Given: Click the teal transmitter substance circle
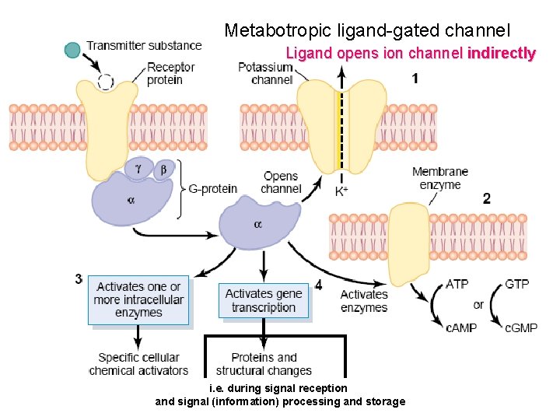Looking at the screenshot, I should click(73, 51).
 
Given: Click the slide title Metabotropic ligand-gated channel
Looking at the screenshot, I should click(367, 31).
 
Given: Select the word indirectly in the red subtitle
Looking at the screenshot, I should click(501, 54).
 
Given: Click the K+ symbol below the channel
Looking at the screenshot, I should click(341, 191).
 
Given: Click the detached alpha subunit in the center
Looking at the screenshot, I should click(256, 222).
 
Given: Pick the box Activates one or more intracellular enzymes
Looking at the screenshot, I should click(138, 299).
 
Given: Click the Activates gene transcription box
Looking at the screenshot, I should click(264, 300).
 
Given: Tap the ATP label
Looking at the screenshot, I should click(457, 284).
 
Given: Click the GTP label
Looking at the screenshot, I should click(516, 284).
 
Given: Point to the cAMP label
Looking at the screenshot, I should click(461, 327).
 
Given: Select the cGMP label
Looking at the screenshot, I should click(521, 327).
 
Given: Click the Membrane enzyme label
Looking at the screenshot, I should click(439, 178).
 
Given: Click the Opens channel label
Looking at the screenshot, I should click(281, 183).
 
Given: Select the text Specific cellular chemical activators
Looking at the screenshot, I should click(138, 364).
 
